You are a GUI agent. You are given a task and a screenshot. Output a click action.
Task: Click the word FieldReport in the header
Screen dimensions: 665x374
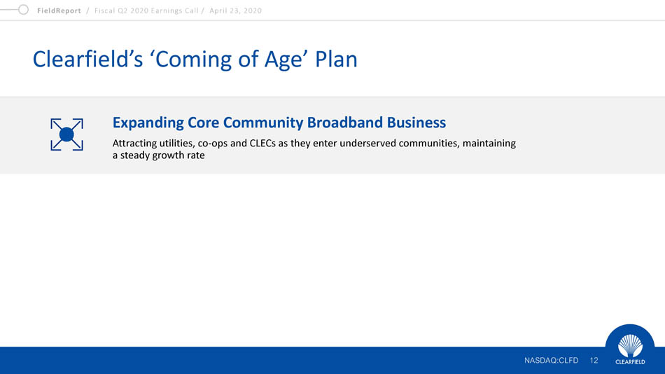[x=59, y=11]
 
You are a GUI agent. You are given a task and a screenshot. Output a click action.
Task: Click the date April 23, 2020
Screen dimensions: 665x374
[x=235, y=11]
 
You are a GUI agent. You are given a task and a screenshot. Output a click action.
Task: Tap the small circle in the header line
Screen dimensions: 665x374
[x=23, y=9]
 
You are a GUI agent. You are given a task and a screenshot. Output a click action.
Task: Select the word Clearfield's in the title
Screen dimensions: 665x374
[x=87, y=59]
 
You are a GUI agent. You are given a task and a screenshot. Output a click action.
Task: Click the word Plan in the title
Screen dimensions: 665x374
[x=336, y=59]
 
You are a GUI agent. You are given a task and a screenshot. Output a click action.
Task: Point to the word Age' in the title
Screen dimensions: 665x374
[x=286, y=60]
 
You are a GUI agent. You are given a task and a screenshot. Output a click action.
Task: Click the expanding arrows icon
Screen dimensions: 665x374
[x=66, y=134]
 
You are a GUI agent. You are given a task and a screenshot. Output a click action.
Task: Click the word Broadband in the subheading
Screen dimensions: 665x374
[x=344, y=123]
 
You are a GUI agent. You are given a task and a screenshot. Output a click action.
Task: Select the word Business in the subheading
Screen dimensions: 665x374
[x=416, y=123]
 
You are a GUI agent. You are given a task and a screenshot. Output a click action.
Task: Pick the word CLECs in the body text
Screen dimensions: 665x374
[x=262, y=143]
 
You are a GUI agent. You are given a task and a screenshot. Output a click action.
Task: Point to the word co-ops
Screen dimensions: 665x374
[x=213, y=144]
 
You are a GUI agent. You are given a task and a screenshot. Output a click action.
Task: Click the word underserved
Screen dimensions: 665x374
[x=367, y=143]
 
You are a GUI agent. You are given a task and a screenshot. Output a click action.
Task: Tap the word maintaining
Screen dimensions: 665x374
[x=489, y=144]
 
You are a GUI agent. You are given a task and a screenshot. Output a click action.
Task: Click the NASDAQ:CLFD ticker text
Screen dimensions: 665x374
[x=551, y=361]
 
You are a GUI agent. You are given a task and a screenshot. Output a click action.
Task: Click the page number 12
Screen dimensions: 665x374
[x=594, y=361]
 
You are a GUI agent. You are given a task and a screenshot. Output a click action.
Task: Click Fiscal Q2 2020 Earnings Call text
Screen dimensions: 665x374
[x=146, y=11]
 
